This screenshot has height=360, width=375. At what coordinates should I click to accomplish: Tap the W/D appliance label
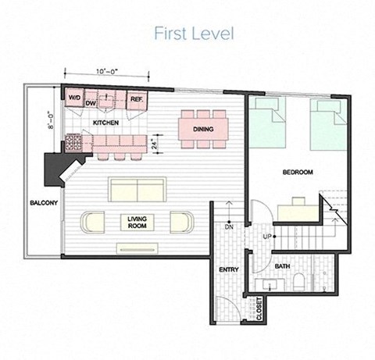(x=74, y=98)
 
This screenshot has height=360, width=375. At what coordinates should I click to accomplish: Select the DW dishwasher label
(x=91, y=103)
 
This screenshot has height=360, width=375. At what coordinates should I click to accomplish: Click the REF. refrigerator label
(x=135, y=99)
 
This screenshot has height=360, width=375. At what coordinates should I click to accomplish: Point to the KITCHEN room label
(x=106, y=123)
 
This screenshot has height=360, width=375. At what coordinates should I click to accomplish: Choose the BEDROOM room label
(x=298, y=172)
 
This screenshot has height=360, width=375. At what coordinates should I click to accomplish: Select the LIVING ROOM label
(x=138, y=223)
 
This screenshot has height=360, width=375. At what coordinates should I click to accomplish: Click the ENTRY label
(x=227, y=269)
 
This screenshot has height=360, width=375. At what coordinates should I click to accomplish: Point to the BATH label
(x=282, y=266)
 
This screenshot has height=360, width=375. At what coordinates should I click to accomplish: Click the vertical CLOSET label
(x=259, y=308)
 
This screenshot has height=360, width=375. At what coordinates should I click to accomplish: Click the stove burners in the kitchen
(x=73, y=142)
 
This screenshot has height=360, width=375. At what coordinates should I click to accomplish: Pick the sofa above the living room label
(x=137, y=189)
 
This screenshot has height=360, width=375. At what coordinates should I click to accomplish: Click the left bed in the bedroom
(x=268, y=123)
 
